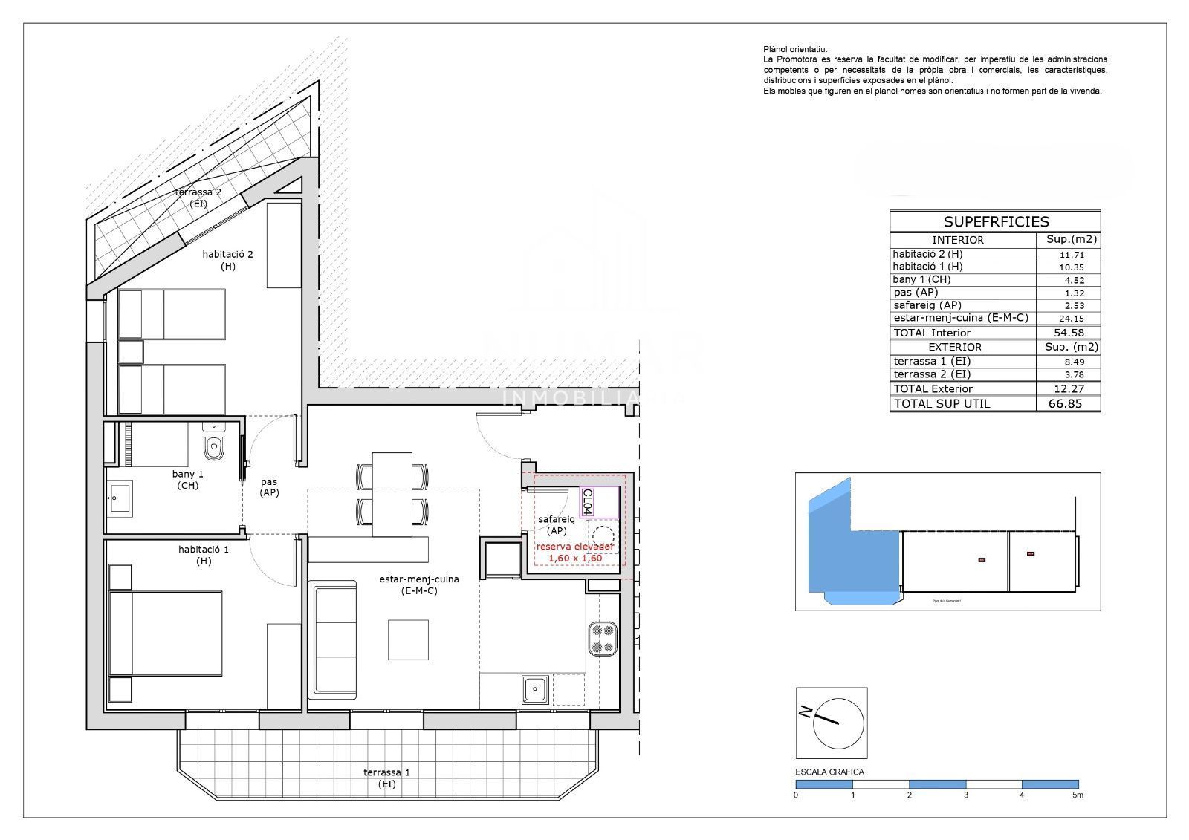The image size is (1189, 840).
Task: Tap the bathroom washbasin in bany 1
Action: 120,498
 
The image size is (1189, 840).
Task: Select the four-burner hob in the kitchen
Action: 603,639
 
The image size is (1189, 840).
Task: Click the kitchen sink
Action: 535,690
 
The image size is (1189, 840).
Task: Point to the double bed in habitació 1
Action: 167,633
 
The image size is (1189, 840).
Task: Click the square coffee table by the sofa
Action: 409,639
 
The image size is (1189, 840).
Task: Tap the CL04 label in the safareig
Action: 587,501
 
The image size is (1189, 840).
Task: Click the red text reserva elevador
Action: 574,547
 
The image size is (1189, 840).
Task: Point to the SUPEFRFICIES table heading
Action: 996,221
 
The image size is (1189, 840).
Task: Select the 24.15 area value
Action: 1067,319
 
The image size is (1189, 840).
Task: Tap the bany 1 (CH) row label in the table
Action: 921,279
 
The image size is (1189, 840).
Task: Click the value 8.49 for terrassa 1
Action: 1067,362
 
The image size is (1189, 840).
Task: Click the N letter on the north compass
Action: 805,712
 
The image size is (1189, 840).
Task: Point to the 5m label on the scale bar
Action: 1078,795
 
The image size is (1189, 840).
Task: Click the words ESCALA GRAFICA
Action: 829,772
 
